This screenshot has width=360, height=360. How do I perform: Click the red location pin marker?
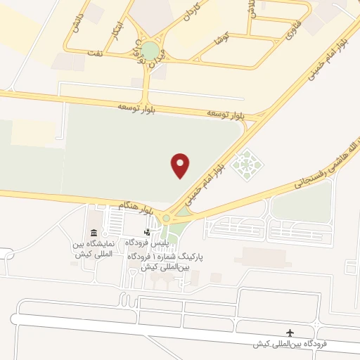coord(181,165)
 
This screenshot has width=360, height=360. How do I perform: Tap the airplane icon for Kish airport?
coord(290,333)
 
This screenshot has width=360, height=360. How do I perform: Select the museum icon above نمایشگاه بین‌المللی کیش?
coord(94,233)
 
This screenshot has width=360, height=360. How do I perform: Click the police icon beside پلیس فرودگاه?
coord(146,232)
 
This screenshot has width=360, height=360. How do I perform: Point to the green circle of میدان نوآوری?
coord(150,51)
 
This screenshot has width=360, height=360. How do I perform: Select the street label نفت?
coord(94,53)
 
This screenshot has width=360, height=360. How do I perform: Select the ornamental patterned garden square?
coord(247,166)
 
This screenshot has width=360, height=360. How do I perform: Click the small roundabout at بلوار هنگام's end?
coord(167,218)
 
